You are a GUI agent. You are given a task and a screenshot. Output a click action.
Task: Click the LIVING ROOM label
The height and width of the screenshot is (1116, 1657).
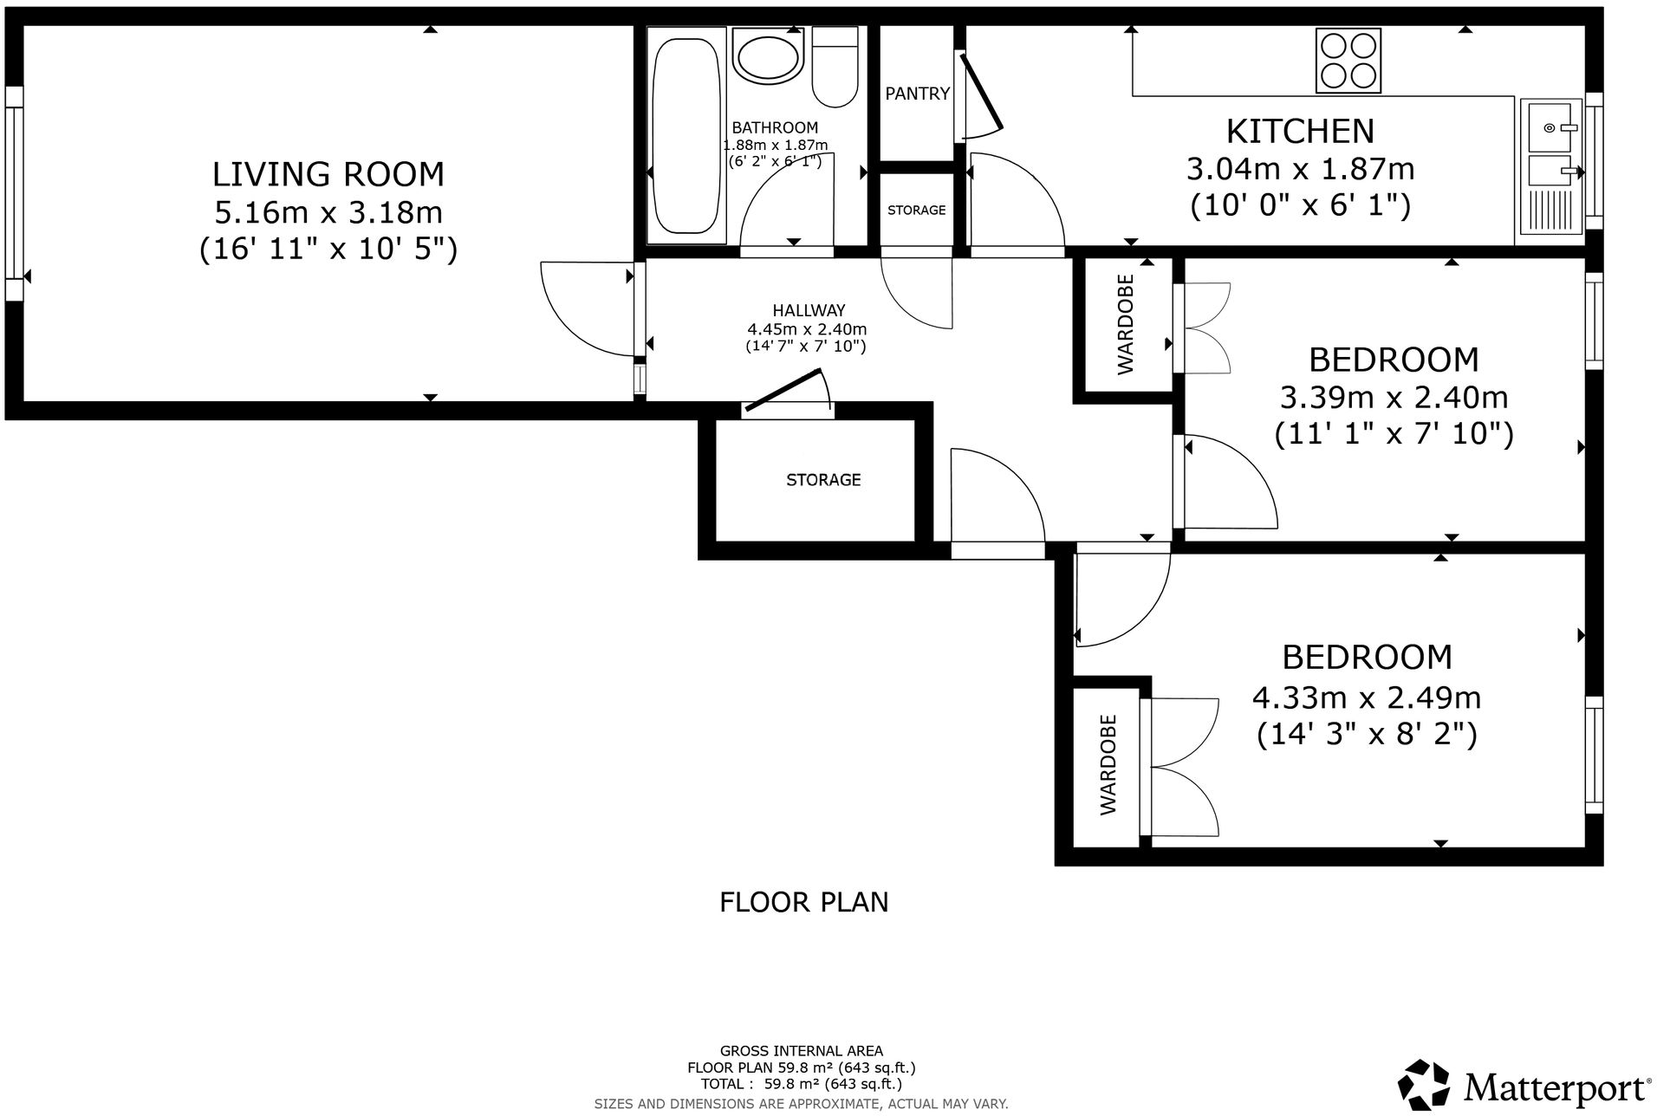328,174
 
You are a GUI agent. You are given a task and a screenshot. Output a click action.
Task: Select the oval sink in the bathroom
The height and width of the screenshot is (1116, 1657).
768,58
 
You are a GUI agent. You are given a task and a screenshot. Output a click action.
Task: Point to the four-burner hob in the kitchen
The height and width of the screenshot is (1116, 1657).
1348,61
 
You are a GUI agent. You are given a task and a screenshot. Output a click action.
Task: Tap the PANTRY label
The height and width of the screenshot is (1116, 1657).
917,94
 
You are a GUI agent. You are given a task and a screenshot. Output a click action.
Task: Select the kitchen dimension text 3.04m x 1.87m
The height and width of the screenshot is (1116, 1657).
1300,169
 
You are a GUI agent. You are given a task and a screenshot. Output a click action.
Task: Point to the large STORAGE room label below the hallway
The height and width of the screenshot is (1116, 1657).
822,480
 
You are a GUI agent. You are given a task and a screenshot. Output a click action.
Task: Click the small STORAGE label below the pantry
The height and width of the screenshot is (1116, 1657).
916,211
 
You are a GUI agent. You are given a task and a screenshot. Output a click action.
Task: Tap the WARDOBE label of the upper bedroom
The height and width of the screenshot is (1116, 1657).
1125,325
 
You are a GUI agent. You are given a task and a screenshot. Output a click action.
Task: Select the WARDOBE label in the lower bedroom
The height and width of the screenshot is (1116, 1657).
1108,765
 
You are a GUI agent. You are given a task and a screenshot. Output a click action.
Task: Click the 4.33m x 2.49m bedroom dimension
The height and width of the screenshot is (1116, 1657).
1366,697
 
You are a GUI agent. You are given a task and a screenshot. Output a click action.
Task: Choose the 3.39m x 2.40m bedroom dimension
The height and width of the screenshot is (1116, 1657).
1393,398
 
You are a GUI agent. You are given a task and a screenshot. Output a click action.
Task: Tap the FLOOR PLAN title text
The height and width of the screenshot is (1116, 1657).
803,902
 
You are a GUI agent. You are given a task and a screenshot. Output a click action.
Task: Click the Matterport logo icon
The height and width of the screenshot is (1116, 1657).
1425,1083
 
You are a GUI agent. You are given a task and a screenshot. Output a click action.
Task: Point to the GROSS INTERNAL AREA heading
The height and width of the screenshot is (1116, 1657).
801,1051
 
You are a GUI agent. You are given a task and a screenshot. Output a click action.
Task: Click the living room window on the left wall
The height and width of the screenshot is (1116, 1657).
14,192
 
